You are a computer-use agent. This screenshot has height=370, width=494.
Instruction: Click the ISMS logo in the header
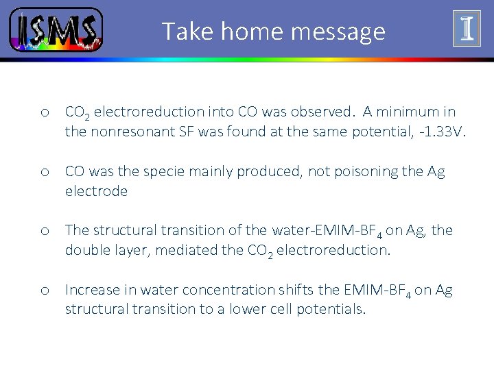[x=56, y=30]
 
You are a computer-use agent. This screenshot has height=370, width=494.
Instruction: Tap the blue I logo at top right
[x=467, y=29]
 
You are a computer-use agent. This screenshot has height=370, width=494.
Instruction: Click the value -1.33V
[x=443, y=131]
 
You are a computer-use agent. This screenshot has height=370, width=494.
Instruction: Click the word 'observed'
[x=322, y=112]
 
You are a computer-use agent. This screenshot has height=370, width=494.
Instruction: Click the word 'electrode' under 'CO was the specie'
[x=96, y=191]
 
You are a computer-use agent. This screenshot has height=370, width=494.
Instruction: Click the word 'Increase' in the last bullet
[x=91, y=290]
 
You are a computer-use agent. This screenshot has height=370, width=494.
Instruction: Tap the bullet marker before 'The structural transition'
[x=43, y=231]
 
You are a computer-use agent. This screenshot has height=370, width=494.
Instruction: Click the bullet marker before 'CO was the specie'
[x=43, y=172]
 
